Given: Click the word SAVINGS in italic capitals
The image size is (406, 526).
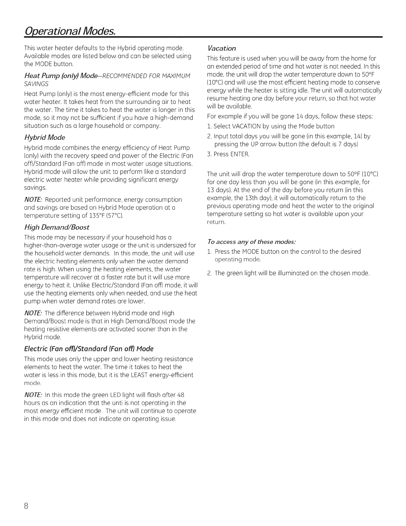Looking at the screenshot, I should pos(37,83).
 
